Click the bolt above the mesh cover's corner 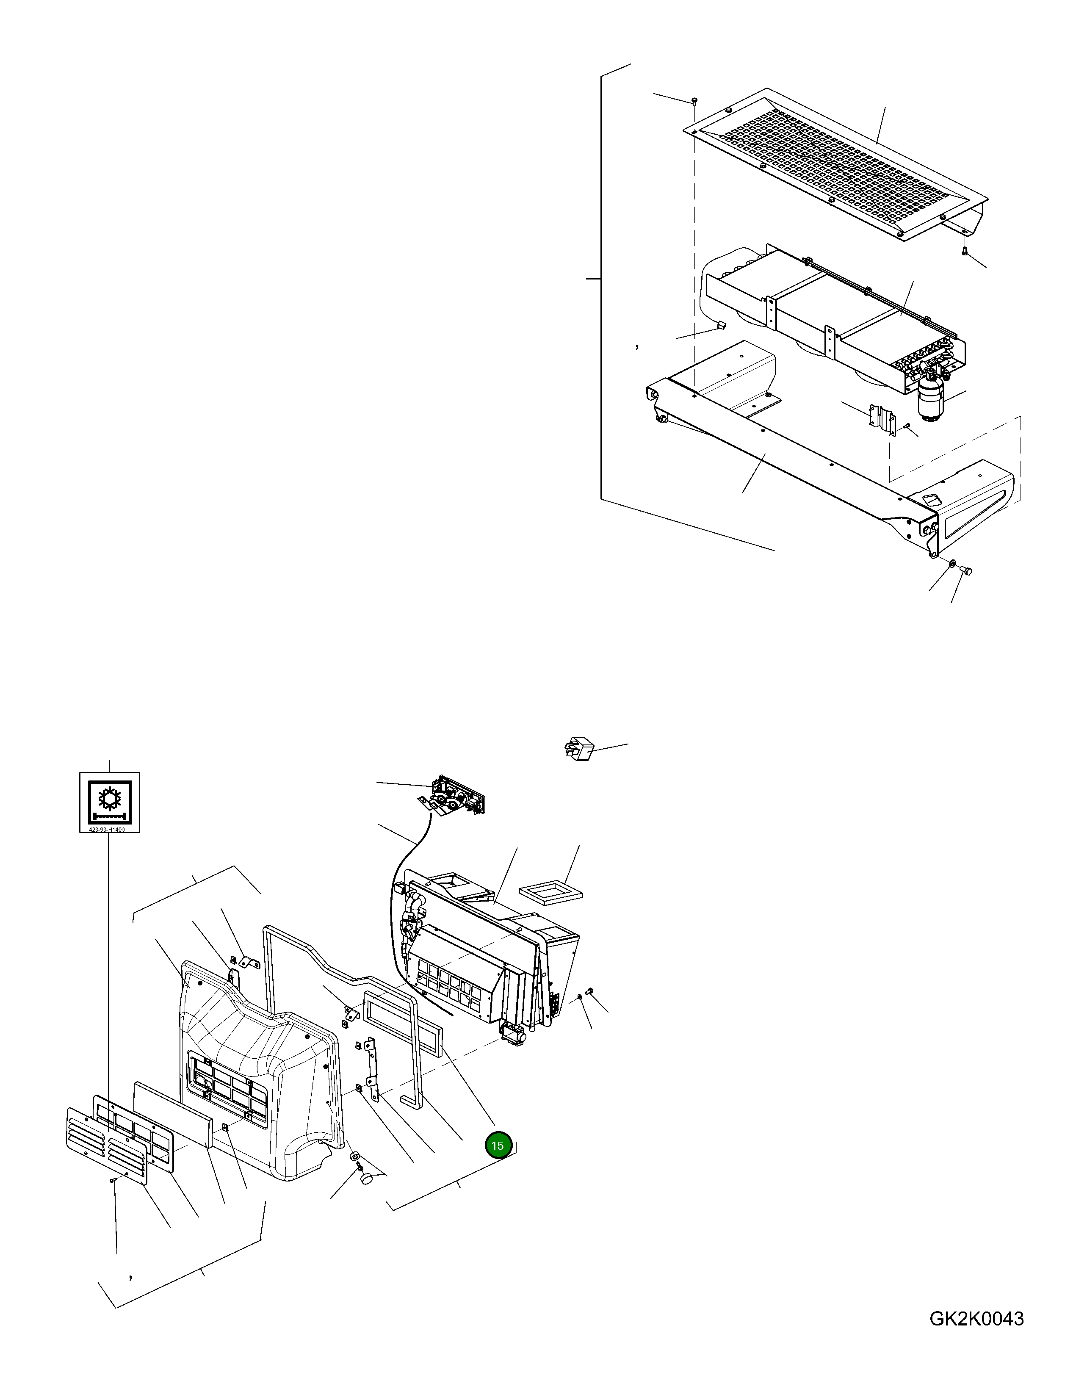tap(694, 100)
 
